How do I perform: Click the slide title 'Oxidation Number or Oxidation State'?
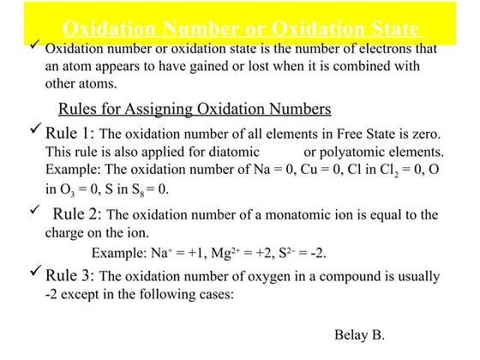click(x=240, y=28)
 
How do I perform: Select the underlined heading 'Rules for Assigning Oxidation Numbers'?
click(x=194, y=110)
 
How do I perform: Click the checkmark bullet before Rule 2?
click(x=33, y=211)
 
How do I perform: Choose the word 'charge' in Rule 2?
click(x=65, y=232)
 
